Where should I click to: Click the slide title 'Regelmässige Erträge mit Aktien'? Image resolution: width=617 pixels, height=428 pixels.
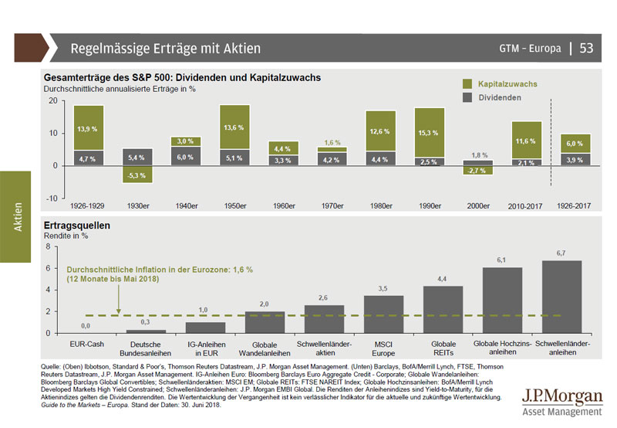pyautogui.click(x=165, y=49)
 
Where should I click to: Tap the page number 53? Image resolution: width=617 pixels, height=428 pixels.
pyautogui.click(x=586, y=49)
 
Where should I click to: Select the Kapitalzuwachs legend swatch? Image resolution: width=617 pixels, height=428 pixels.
pyautogui.click(x=468, y=83)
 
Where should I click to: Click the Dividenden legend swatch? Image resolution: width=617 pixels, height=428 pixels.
pyautogui.click(x=468, y=98)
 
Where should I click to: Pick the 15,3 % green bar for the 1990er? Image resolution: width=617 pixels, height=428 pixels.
pyautogui.click(x=430, y=132)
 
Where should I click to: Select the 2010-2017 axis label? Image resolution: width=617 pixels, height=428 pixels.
pyautogui.click(x=527, y=206)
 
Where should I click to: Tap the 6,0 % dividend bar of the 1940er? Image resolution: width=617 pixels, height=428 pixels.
pyautogui.click(x=186, y=156)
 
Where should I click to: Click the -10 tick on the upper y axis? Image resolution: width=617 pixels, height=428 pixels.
pyautogui.click(x=53, y=199)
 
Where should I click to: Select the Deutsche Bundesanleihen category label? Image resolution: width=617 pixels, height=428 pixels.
pyautogui.click(x=145, y=346)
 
